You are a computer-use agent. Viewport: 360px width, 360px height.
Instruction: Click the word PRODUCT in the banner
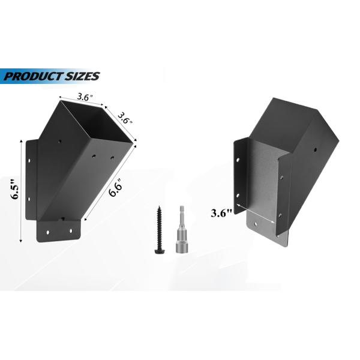[x=32, y=76]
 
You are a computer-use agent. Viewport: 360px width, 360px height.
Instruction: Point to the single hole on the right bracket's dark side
[x=315, y=149]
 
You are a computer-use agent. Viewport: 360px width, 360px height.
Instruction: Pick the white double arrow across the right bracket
[x=258, y=213]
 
